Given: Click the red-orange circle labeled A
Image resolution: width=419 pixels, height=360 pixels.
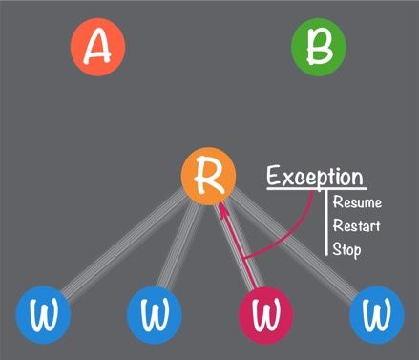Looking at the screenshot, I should tap(97, 48).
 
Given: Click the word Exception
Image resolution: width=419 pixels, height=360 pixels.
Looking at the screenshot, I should tap(315, 177).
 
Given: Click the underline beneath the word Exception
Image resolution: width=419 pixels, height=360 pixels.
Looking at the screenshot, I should tap(315, 189).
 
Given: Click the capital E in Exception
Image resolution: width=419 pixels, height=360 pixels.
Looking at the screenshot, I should tap(275, 177).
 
